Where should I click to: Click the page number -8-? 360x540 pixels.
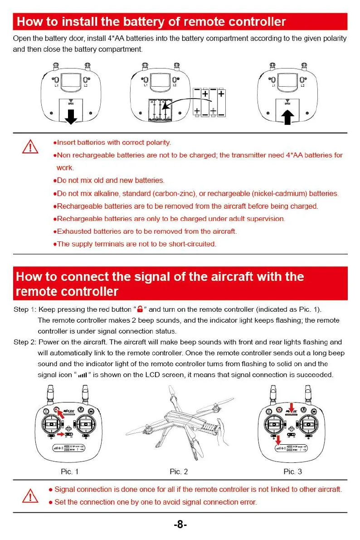pyautogui.click(x=180, y=525)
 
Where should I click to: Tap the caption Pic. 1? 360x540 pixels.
pyautogui.click(x=69, y=472)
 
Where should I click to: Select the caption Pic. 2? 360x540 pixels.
pyautogui.click(x=179, y=472)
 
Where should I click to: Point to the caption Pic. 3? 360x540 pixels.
pyautogui.click(x=292, y=472)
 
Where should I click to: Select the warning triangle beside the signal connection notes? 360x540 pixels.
pyautogui.click(x=30, y=496)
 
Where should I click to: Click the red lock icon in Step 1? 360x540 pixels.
pyautogui.click(x=140, y=309)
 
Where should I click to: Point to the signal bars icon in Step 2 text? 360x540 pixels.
pyautogui.click(x=82, y=375)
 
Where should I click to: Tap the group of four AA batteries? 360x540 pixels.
pyautogui.click(x=209, y=103)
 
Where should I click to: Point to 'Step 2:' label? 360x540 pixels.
pyautogui.click(x=25, y=342)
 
